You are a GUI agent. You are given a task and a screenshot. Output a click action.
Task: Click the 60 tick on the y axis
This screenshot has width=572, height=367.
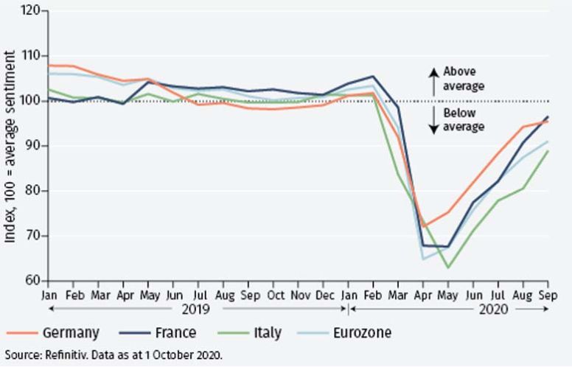(x=31, y=281)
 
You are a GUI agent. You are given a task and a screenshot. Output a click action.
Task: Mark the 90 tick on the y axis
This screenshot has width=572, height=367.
(x=31, y=146)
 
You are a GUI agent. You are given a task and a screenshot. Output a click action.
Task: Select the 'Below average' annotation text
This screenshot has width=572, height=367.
(x=464, y=120)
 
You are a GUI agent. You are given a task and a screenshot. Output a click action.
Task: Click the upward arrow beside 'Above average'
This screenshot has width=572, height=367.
(x=433, y=79)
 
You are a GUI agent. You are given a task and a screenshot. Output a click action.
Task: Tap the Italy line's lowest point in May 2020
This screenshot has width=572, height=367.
(x=447, y=267)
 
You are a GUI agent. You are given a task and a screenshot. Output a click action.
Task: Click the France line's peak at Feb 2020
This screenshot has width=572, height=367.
(x=372, y=76)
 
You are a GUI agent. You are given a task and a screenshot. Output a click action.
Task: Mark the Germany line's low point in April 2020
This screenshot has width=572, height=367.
(x=422, y=226)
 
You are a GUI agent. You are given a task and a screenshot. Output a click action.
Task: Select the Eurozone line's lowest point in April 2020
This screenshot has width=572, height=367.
(x=423, y=259)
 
